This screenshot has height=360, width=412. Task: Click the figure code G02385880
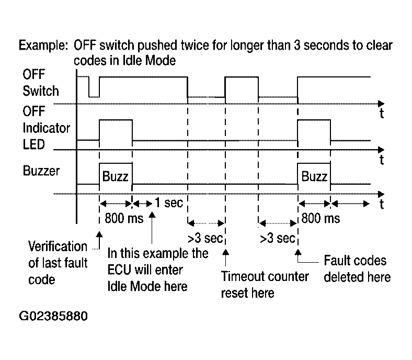[x=53, y=316]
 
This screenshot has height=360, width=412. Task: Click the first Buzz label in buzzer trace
[x=116, y=176]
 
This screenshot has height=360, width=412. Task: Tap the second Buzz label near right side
[x=314, y=176]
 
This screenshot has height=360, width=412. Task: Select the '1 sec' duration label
[x=169, y=203]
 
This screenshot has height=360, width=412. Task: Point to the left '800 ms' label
[x=124, y=218]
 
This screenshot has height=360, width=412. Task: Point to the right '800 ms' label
[x=321, y=218]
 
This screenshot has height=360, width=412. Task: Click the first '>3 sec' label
[x=205, y=238]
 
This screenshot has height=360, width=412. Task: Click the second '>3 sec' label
[x=278, y=238]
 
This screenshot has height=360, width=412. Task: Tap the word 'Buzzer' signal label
[x=41, y=171]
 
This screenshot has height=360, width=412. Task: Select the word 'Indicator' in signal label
[x=46, y=128]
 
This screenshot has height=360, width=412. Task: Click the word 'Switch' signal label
[x=41, y=91]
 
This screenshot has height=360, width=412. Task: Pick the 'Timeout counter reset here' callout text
[x=265, y=285]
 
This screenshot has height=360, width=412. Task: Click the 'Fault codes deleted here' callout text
[x=357, y=269]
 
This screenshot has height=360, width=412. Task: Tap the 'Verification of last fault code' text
[x=58, y=263]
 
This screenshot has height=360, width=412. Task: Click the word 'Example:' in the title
[x=43, y=45]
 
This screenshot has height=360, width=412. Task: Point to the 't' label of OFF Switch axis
[x=382, y=114]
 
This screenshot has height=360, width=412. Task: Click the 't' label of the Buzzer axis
[x=382, y=204]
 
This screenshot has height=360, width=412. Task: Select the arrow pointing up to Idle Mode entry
[x=152, y=228]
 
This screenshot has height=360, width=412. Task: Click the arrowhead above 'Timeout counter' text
[x=225, y=252]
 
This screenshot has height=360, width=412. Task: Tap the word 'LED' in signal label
[x=34, y=144]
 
